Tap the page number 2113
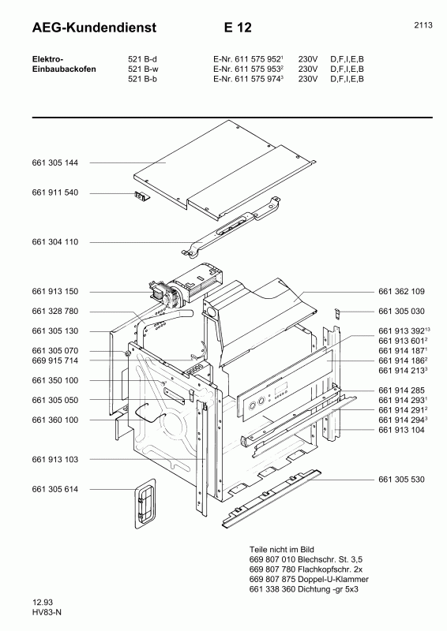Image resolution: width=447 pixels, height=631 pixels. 423,25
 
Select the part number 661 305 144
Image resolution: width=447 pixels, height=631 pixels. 55,162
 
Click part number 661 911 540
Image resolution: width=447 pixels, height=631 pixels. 55,193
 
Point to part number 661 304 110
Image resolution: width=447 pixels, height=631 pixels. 55,241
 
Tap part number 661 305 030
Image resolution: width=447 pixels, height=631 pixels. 402,311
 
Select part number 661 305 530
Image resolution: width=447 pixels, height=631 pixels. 402,479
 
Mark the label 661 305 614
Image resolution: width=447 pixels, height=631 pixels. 55,489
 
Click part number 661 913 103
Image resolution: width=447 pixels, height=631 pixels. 55,459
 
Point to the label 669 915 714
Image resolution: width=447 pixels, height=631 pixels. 55,360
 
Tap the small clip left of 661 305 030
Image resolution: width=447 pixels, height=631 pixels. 336,312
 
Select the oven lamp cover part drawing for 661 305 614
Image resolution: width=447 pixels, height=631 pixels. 143,505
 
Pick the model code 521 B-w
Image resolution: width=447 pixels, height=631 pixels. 143,69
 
